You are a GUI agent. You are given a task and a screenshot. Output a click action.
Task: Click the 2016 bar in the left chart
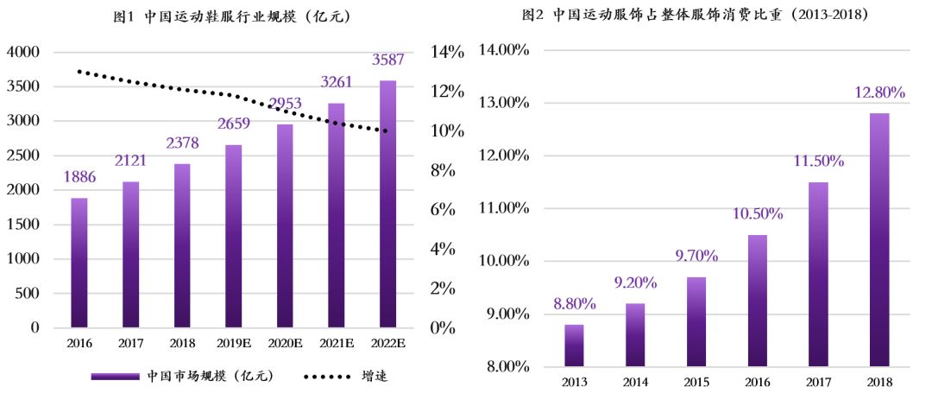pyautogui.click(x=79, y=263)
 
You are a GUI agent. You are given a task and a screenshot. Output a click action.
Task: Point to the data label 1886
pyautogui.click(x=79, y=177)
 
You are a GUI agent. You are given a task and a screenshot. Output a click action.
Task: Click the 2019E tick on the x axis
pyautogui.click(x=233, y=345)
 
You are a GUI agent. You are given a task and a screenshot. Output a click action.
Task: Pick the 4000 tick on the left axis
pyautogui.click(x=23, y=52)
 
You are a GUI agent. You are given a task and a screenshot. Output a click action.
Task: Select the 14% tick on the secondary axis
pyautogui.click(x=448, y=52)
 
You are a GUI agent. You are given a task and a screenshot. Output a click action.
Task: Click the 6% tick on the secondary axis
pyautogui.click(x=444, y=210)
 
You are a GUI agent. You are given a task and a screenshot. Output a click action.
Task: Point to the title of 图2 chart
pyautogui.click(x=695, y=15)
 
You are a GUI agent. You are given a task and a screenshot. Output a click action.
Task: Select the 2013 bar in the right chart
pyautogui.click(x=574, y=345)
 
